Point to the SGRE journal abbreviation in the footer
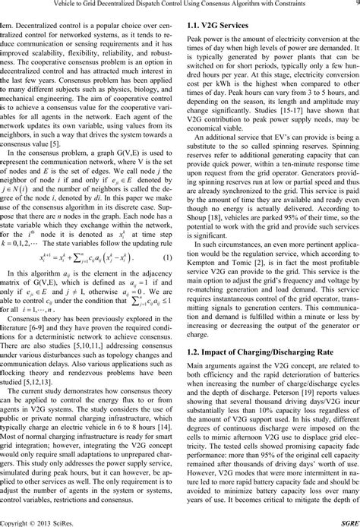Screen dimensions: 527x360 click(346, 520)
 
